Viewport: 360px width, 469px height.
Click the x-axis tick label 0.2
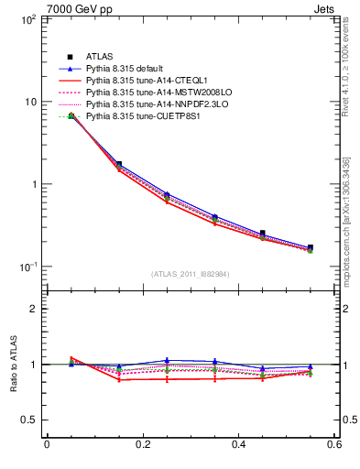click(x=142, y=445)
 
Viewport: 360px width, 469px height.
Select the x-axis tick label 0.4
click(x=238, y=445)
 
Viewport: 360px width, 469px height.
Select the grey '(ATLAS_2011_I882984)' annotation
click(x=191, y=275)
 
